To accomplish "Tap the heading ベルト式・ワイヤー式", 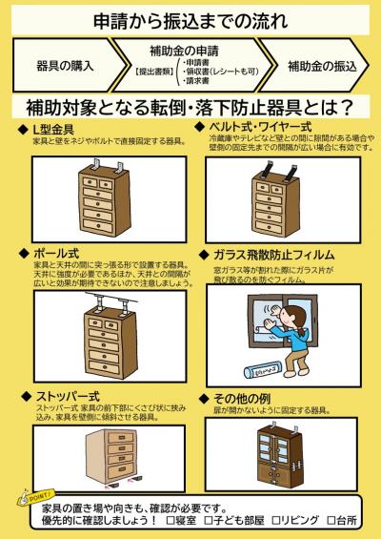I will pyautogui.click(x=263, y=126).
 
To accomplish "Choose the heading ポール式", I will pyautogui.click(x=55, y=253).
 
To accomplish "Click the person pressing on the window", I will pyautogui.click(x=291, y=329).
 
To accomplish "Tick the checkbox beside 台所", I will pyautogui.click(x=331, y=521).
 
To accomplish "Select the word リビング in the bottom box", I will pyautogui.click(x=297, y=521).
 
